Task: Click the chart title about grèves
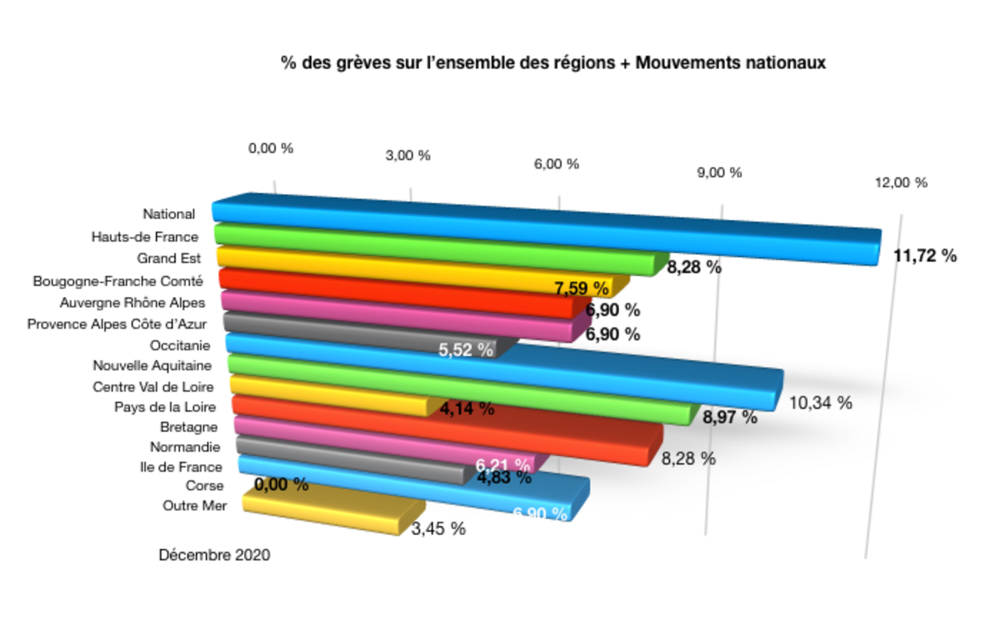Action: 553,62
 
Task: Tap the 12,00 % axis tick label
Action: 901,182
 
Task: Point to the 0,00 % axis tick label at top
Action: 271,148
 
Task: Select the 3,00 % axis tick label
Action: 407,155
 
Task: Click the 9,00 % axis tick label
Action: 719,173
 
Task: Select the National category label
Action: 169,214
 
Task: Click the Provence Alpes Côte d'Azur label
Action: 117,324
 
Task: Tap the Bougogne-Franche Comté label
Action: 118,281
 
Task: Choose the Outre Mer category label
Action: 195,505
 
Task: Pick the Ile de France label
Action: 181,467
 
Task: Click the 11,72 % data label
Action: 925,256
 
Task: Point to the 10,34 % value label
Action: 820,403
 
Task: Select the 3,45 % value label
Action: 438,528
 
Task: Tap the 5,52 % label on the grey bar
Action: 465,350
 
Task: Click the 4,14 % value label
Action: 467,408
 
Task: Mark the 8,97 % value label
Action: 729,417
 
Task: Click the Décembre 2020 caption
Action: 214,555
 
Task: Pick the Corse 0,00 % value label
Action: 281,485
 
